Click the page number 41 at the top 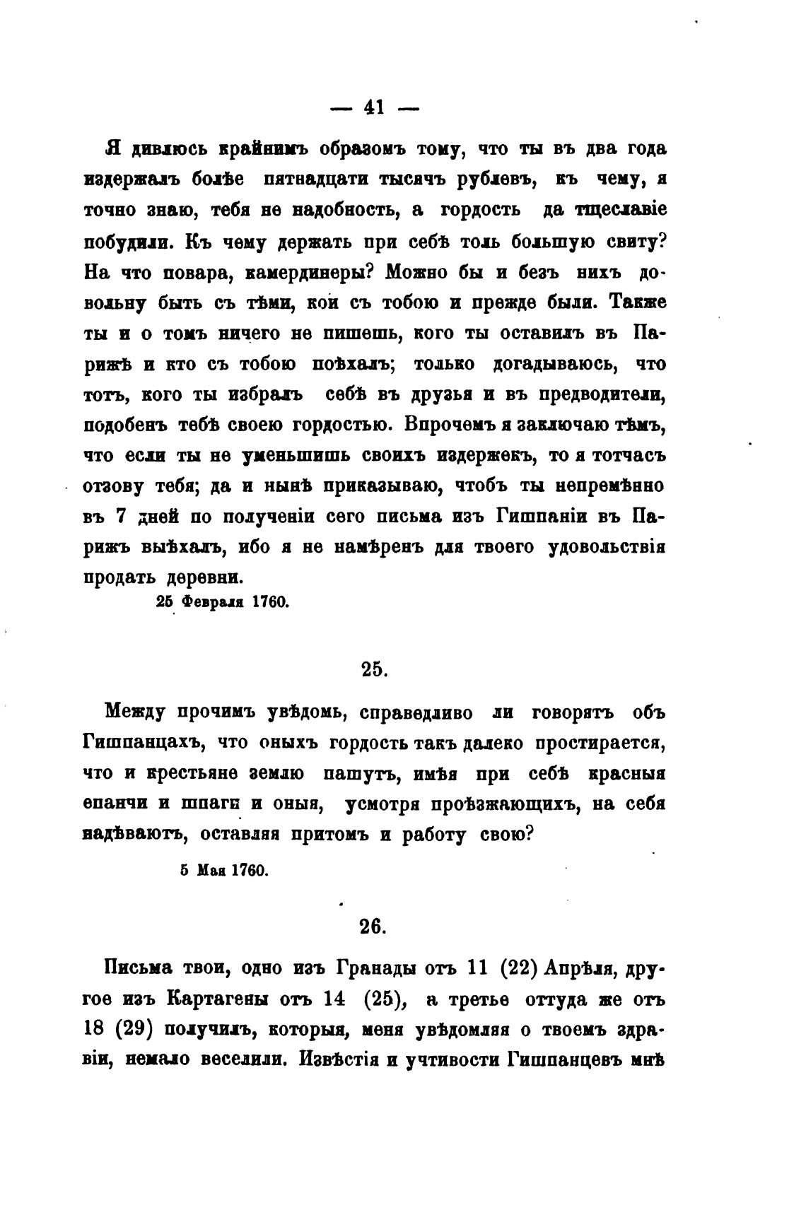(373, 107)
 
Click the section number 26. (370, 926)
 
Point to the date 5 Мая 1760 (224, 871)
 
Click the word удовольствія (607, 548)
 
